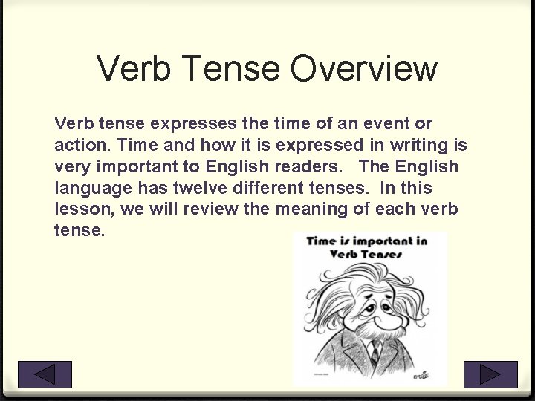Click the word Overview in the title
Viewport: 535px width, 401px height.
(x=364, y=69)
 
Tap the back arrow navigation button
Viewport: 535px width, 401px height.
(x=45, y=374)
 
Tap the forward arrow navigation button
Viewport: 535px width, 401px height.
(x=490, y=374)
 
